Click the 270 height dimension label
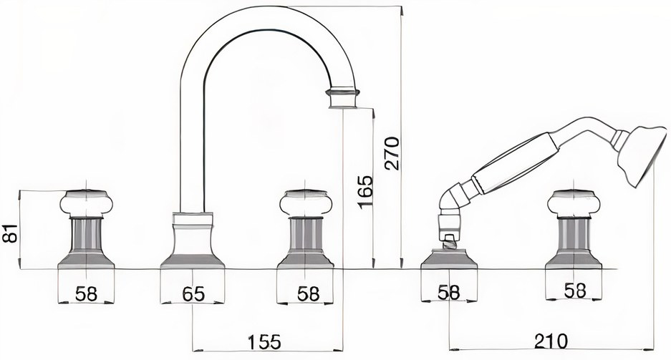pyautogui.click(x=392, y=153)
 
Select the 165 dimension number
pyautogui.click(x=365, y=192)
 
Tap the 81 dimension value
pyautogui.click(x=10, y=233)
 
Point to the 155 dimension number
pyautogui.click(x=265, y=341)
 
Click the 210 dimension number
pyautogui.click(x=551, y=341)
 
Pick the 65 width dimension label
pyautogui.click(x=193, y=293)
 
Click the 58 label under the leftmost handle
pyautogui.click(x=86, y=293)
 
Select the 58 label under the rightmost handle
pyautogui.click(x=575, y=291)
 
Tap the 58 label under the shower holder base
pyautogui.click(x=449, y=293)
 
